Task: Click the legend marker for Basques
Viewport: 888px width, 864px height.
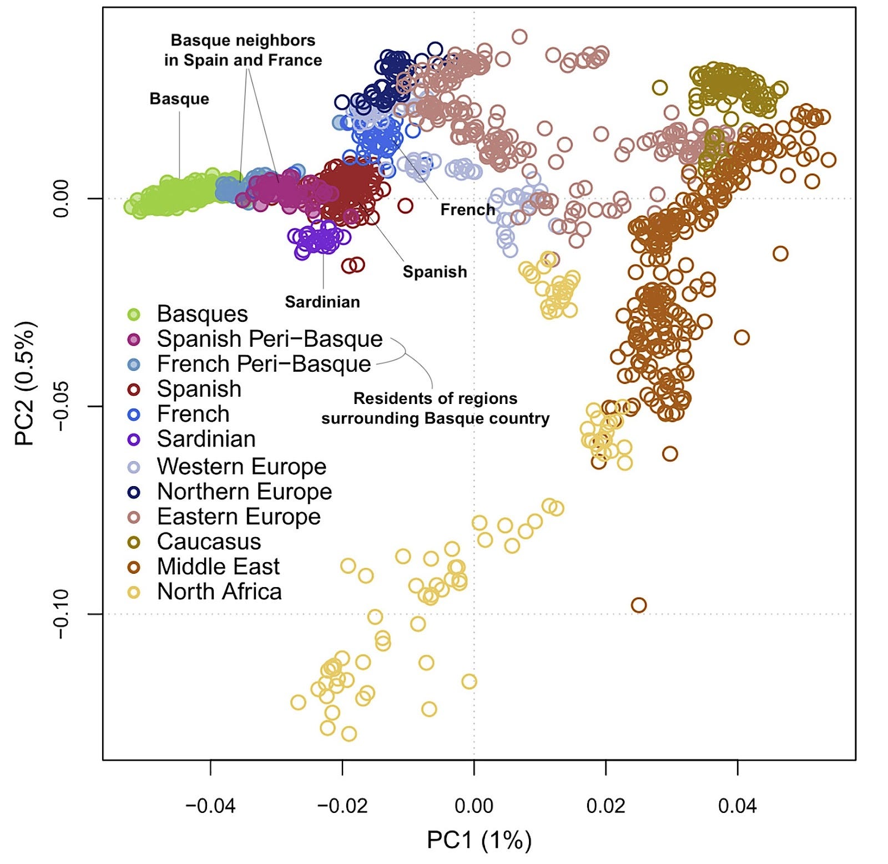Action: (x=134, y=315)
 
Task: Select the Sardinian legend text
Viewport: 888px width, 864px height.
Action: (x=206, y=439)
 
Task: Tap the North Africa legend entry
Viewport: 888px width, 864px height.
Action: (x=219, y=592)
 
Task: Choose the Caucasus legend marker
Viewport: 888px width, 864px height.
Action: (x=134, y=542)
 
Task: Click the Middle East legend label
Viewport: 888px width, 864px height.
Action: (x=218, y=567)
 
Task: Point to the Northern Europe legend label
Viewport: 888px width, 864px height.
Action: (x=244, y=492)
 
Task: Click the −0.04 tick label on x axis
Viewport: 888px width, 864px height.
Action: (x=210, y=805)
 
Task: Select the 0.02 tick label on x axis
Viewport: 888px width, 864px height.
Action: (x=606, y=805)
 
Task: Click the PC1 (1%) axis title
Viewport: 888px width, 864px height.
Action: (x=479, y=840)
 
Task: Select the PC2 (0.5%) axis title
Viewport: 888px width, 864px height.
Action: (x=26, y=383)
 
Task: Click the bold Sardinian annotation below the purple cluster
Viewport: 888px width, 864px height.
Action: (x=322, y=302)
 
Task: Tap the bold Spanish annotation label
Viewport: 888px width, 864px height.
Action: (x=435, y=272)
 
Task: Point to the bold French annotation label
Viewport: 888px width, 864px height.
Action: (x=467, y=210)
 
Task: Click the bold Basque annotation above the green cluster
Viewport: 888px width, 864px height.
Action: (x=179, y=99)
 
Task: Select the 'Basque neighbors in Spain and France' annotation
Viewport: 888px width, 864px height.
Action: (x=243, y=50)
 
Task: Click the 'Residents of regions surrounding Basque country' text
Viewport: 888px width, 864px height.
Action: (x=436, y=408)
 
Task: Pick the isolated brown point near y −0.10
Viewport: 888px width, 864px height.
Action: (x=639, y=605)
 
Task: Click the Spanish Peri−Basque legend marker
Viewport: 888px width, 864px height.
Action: (x=134, y=340)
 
